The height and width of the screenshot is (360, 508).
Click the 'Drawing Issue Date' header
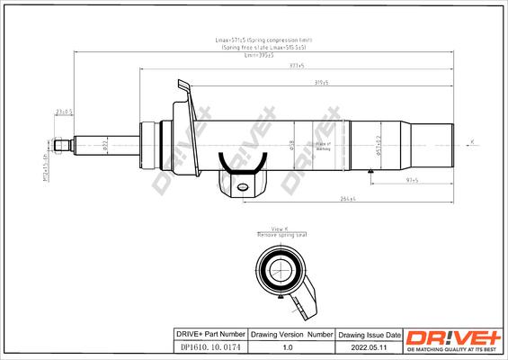[x=366, y=333]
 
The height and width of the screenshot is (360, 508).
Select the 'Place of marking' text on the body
[x=323, y=146]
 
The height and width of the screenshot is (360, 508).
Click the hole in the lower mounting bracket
[x=241, y=186]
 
